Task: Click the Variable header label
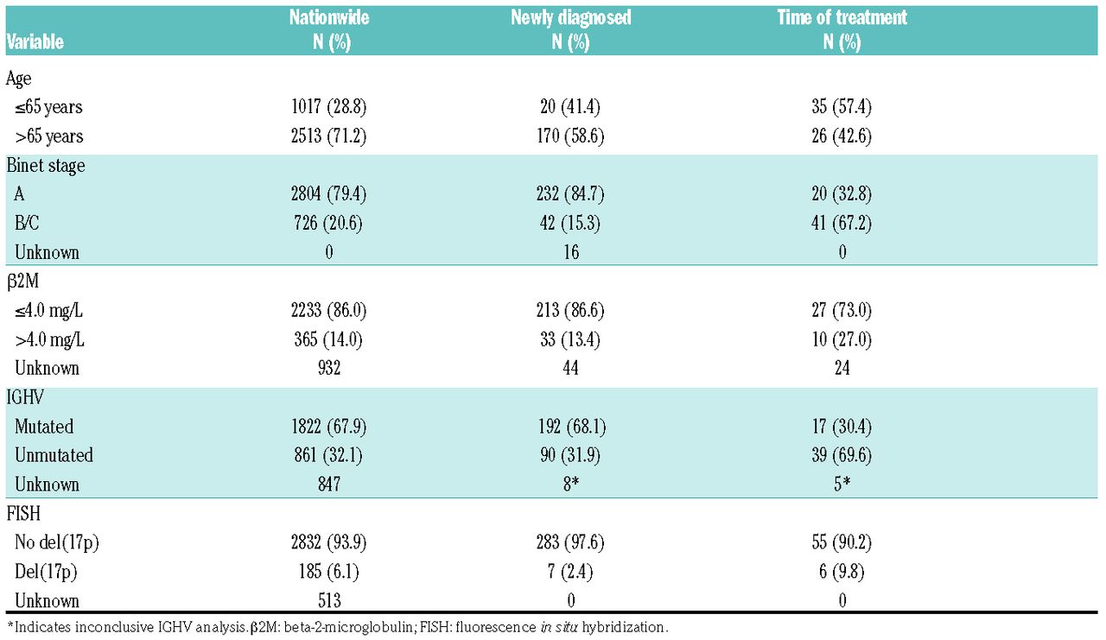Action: tap(35, 42)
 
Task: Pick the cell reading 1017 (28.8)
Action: tap(329, 106)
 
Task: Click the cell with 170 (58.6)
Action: tap(570, 136)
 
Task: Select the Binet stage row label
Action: tap(46, 165)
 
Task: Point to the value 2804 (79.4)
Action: tap(329, 193)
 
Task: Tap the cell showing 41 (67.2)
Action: tap(842, 223)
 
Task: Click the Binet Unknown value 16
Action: tap(571, 252)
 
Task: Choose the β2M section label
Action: tap(22, 282)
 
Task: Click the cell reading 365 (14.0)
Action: tap(328, 339)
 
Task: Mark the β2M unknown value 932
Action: tap(329, 368)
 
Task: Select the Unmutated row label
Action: tap(54, 455)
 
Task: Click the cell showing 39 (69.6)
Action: tap(842, 455)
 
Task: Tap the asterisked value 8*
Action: tap(571, 484)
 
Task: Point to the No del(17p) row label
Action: tap(57, 542)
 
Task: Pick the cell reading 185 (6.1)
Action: tap(328, 572)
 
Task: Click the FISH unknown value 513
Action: tap(329, 600)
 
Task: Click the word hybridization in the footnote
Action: tap(625, 628)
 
